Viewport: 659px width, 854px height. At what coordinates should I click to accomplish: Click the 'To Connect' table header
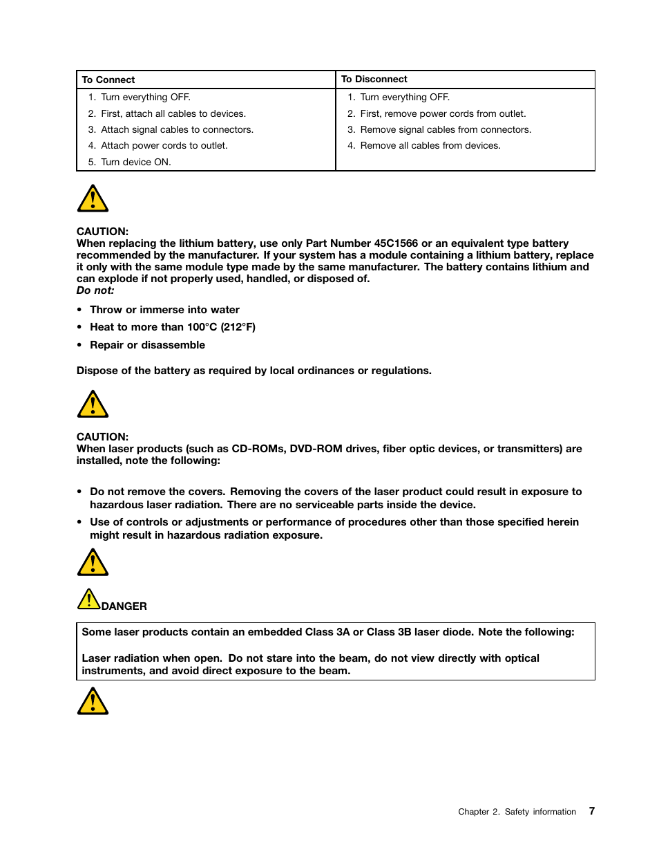108,80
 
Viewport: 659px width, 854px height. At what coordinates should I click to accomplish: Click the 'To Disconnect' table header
374,79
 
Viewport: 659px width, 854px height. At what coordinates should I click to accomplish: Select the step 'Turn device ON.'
135,162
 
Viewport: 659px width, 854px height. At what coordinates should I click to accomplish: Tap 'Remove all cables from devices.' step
430,145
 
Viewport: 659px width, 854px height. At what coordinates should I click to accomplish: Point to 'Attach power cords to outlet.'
164,145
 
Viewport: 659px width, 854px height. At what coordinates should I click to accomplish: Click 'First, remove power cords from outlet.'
442,113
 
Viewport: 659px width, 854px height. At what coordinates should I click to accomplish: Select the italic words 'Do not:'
95,290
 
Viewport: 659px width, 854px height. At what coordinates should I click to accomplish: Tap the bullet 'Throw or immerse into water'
164,310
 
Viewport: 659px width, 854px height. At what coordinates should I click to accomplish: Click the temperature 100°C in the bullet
202,327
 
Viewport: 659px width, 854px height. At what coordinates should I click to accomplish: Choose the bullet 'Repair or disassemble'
147,345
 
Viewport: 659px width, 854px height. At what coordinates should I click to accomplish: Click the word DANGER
124,606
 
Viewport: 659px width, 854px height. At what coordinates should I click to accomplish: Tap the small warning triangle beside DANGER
88,600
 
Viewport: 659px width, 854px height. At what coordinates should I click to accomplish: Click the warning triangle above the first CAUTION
93,199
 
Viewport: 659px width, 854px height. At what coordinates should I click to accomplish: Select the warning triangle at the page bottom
93,702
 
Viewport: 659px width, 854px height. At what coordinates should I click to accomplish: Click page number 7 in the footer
592,811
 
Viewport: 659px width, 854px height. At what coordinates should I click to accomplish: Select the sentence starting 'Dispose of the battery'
254,371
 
